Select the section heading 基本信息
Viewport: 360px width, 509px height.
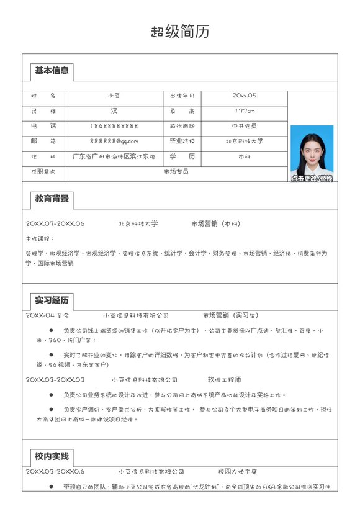52,71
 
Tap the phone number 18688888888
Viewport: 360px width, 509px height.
114,126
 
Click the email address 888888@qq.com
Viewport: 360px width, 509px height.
114,142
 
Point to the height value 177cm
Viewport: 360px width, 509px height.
244,111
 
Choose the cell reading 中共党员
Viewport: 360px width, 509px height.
244,126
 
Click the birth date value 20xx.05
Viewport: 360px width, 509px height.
244,96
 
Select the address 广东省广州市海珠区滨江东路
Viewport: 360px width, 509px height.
114,156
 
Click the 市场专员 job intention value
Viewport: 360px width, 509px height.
176,171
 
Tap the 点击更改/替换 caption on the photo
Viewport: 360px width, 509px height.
312,179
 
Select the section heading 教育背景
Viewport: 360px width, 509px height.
52,199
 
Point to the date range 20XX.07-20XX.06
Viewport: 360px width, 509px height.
55,223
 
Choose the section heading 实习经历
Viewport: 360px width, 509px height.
52,300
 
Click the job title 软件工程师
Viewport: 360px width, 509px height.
224,379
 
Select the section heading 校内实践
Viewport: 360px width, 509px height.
52,457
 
